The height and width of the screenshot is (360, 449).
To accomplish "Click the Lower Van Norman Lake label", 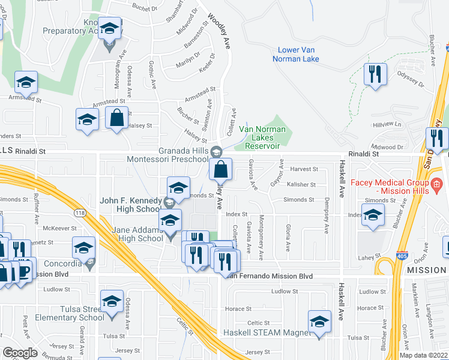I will (298, 54).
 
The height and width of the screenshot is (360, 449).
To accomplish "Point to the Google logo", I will (20, 353).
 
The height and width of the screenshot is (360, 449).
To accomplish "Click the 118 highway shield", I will (79, 212).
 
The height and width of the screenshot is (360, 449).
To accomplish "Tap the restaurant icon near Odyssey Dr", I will (375, 74).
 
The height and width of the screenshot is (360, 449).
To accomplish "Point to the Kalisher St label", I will (301, 184).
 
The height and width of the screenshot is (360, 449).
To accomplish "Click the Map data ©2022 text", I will (424, 355).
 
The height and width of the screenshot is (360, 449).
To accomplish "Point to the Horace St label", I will (240, 308).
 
